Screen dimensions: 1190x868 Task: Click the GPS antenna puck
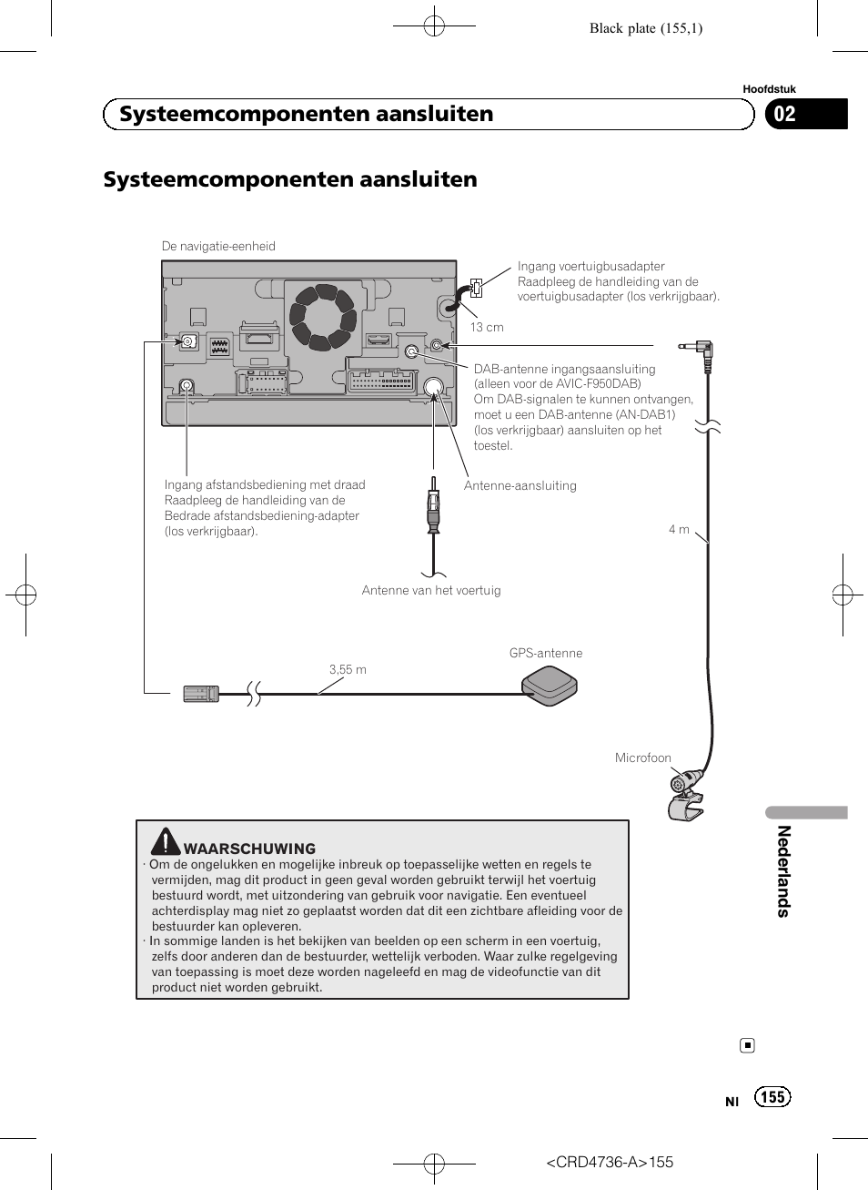coord(550,686)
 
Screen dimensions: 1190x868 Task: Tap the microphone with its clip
coord(686,794)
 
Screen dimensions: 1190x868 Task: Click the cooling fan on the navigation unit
coord(322,317)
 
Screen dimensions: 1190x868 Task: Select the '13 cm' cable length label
coord(487,328)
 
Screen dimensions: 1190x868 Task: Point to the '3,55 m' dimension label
coord(348,669)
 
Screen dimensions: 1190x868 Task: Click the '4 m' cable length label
coord(679,529)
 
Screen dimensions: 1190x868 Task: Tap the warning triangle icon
coord(166,840)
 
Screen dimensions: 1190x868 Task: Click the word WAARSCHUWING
coord(249,849)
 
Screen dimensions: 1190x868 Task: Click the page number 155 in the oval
coord(772,1097)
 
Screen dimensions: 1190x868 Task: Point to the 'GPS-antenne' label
coord(546,653)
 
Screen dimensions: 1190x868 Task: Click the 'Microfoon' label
coord(643,758)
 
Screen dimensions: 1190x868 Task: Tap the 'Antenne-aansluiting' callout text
coord(520,485)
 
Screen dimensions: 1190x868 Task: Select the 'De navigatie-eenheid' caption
coord(218,246)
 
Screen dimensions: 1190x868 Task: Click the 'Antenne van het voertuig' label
coord(431,590)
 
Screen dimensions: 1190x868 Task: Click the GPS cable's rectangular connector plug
coord(201,695)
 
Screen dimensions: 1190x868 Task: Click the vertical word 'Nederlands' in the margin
coord(783,871)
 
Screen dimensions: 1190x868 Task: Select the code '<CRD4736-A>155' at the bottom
coord(610,1162)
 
